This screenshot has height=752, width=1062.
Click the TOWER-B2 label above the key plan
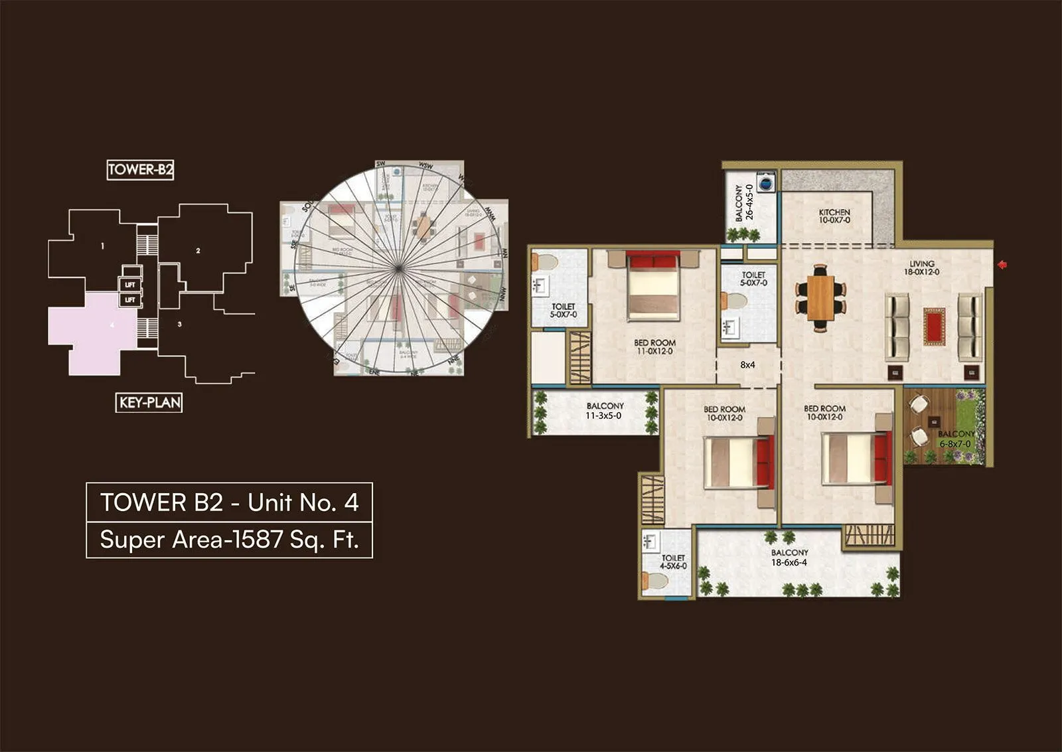[140, 170]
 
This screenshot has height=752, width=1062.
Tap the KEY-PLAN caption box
[149, 402]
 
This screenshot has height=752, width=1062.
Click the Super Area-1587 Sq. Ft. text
[229, 540]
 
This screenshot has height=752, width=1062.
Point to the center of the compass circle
[398, 268]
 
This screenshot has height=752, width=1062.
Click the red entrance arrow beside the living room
[1002, 265]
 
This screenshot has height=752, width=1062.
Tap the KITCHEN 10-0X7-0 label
[834, 216]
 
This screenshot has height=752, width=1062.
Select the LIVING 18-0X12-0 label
[921, 267]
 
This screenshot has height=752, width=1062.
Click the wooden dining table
[820, 297]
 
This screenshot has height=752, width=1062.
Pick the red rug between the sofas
[933, 327]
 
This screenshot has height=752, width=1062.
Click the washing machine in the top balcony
[766, 182]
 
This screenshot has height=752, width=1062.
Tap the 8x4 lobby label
[747, 364]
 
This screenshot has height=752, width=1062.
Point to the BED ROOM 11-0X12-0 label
[654, 346]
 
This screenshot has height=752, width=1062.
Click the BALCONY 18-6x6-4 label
[789, 558]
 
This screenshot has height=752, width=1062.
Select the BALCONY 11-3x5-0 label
[604, 411]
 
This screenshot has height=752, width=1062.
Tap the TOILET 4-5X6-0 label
[673, 562]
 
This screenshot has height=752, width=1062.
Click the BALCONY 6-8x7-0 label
[955, 439]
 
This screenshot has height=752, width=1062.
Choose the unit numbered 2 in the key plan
[198, 251]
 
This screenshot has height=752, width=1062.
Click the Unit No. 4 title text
[229, 502]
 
